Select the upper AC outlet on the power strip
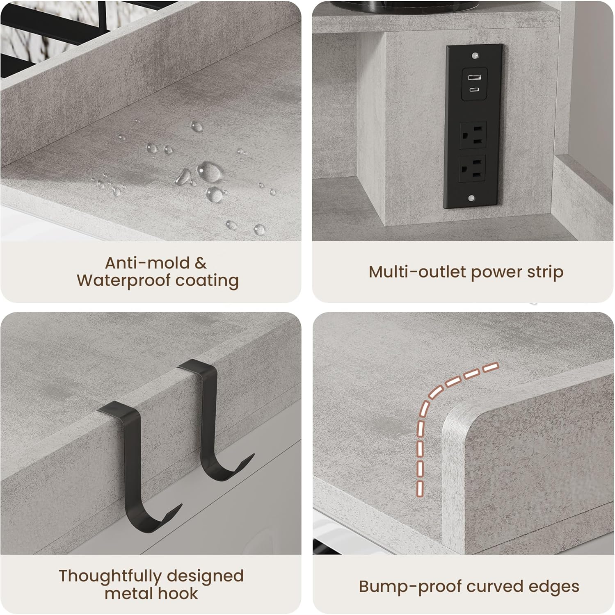[x=473, y=135]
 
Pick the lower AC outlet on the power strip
[x=473, y=168]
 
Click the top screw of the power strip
[x=475, y=55]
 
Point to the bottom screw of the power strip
[x=472, y=198]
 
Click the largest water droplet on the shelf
[x=210, y=171]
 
